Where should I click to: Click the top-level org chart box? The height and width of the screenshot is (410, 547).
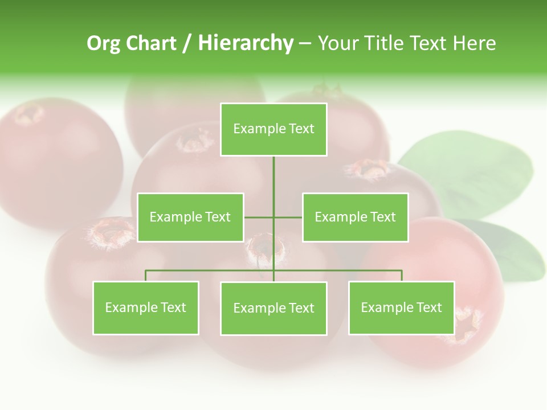coord(273,129)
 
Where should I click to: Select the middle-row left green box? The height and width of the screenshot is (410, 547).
coord(190,217)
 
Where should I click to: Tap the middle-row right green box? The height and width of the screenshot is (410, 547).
coord(355,217)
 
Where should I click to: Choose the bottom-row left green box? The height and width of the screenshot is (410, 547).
coord(146,307)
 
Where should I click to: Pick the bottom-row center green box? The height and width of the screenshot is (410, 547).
coord(273,308)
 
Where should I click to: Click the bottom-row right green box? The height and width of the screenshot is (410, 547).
coord(401,307)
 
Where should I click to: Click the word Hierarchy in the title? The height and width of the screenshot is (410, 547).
coord(246,43)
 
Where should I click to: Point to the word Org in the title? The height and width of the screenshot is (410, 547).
coord(103,43)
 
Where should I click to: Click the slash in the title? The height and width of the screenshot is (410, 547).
coord(187,43)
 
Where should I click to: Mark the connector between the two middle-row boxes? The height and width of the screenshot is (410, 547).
coord(259,218)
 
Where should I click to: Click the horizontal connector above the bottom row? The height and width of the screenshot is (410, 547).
coord(211,270)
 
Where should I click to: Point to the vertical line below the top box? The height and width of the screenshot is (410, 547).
coord(273,177)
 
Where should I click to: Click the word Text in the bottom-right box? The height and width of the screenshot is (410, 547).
coord(430,307)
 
